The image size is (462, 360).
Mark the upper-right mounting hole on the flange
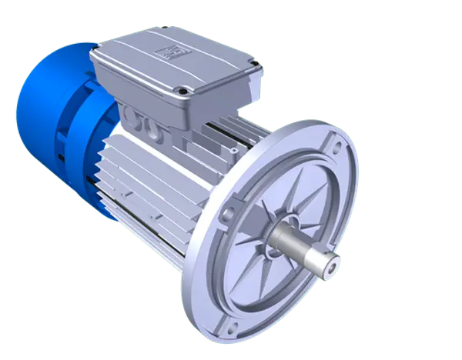coord(336,143)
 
